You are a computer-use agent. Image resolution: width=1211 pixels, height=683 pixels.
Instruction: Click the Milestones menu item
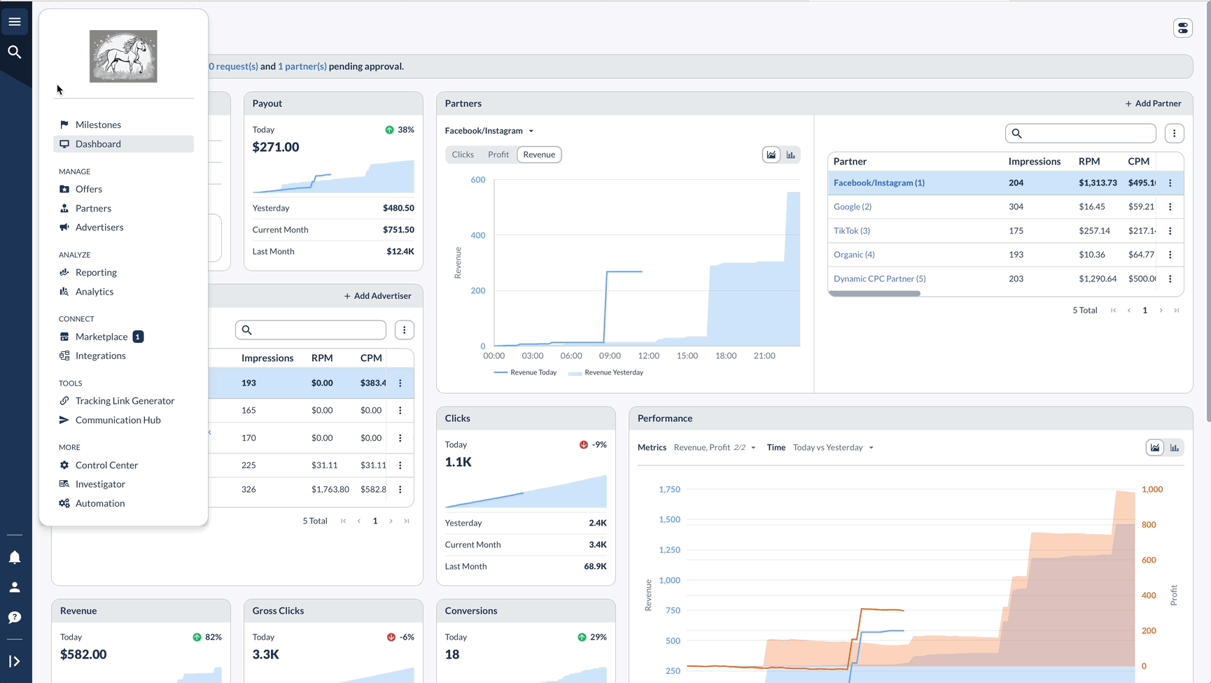[x=98, y=125]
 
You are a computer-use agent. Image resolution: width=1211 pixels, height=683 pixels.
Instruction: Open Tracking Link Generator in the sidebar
[x=125, y=401]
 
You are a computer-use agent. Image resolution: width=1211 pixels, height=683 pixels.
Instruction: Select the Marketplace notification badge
[x=138, y=337]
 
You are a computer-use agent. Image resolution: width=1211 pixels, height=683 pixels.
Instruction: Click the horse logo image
[x=123, y=56]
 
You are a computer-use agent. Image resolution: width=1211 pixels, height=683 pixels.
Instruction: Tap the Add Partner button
[x=1153, y=104]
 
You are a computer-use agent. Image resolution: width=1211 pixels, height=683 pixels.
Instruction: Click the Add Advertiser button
[x=377, y=296]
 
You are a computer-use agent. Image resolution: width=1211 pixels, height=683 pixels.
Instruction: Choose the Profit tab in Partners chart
[x=498, y=155]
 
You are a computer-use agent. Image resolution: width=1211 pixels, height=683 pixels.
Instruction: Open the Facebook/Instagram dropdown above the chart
[x=489, y=131]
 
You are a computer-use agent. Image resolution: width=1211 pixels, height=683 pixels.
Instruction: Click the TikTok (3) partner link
[x=852, y=231]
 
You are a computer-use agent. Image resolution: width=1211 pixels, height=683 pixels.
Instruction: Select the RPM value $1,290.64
[x=1098, y=279]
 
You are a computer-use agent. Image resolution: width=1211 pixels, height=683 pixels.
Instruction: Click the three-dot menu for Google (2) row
[x=1170, y=207]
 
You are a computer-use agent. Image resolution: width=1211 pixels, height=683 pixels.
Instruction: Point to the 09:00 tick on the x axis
[x=610, y=355]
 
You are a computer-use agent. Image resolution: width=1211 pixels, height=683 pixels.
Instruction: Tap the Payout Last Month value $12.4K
[x=400, y=251]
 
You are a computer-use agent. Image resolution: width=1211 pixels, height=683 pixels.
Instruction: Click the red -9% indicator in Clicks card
[x=593, y=444]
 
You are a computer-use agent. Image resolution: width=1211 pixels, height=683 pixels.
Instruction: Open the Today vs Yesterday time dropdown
[x=833, y=448]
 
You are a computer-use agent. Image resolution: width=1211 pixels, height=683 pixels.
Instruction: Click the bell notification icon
[x=15, y=557]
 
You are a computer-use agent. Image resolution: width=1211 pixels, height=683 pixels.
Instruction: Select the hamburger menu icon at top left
[x=15, y=22]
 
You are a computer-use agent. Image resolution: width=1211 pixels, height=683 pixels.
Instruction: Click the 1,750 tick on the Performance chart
[x=670, y=489]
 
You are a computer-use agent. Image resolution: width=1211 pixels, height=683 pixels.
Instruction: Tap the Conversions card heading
[x=471, y=611]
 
